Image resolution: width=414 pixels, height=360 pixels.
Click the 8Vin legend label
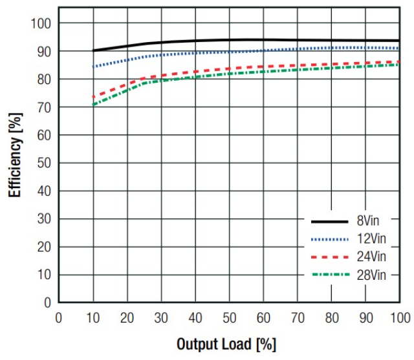click(x=371, y=221)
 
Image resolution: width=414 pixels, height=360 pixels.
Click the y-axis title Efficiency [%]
click(x=14, y=155)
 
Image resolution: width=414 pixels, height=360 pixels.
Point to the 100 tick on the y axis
click(x=40, y=23)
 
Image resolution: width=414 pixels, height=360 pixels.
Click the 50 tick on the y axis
click(x=43, y=163)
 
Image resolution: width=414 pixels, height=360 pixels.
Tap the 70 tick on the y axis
click(x=43, y=107)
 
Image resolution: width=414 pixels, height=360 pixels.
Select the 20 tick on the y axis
click(x=43, y=247)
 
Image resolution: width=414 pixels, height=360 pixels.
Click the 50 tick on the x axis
click(x=230, y=317)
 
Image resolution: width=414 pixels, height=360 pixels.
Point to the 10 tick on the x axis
click(x=93, y=317)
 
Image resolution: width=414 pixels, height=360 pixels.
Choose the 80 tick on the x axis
click(x=332, y=317)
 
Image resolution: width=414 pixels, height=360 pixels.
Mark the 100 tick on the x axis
click(x=400, y=317)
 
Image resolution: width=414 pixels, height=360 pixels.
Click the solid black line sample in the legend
click(x=329, y=222)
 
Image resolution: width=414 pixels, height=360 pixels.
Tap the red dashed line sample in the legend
click(x=329, y=257)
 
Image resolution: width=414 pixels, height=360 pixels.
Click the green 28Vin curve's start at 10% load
click(x=94, y=105)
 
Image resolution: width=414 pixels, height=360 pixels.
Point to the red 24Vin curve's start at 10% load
click(x=94, y=97)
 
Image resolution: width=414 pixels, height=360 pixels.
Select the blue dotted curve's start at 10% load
click(x=94, y=66)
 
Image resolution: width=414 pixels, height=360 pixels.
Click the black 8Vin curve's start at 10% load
click(x=94, y=50)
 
